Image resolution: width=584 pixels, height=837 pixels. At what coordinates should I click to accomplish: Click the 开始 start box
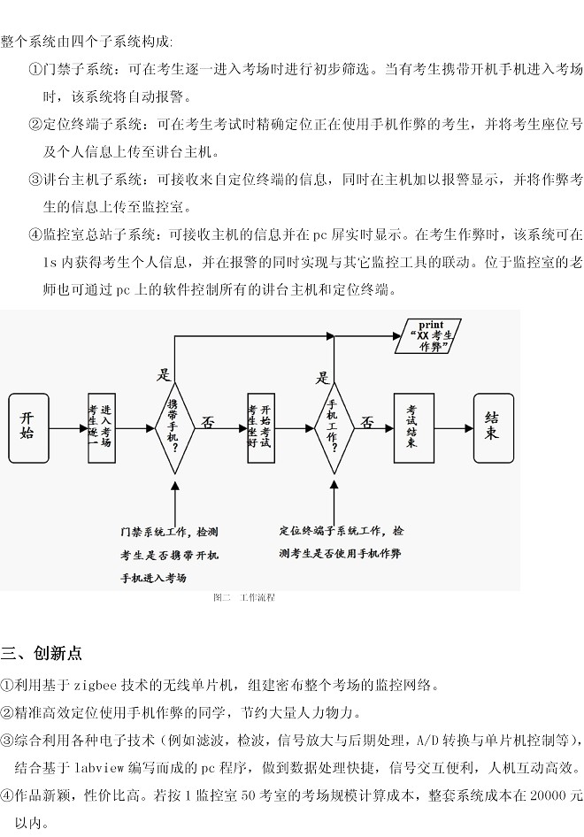29,427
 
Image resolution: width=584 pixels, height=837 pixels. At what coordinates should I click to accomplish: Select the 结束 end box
494,427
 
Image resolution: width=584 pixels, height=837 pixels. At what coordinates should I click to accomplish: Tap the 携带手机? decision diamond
174,427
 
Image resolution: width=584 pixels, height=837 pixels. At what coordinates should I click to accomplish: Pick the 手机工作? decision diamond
334,427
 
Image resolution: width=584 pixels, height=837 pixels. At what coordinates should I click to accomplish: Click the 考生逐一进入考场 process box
102,427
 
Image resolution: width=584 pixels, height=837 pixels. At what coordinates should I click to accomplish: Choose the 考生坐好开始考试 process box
261,427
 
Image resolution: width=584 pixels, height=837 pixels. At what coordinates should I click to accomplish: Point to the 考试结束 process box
414,427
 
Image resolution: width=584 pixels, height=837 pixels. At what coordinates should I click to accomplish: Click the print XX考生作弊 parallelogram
428,335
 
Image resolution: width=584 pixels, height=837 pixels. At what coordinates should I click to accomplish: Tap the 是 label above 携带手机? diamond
164,374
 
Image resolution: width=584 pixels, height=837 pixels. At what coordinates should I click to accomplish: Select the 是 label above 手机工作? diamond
322,378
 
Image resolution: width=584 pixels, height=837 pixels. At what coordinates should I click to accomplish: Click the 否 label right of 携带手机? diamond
208,422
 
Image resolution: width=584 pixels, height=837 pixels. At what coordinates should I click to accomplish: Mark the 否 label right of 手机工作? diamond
366,422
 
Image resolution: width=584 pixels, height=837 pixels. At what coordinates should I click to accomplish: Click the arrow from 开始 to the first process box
68,428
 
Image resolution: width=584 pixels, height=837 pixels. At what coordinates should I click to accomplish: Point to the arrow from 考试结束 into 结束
454,428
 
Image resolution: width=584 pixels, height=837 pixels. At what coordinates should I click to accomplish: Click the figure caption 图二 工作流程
244,597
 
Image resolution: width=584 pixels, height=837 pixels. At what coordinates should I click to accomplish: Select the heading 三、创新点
41,653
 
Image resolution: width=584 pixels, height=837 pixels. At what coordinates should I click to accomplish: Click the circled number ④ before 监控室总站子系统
35,234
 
